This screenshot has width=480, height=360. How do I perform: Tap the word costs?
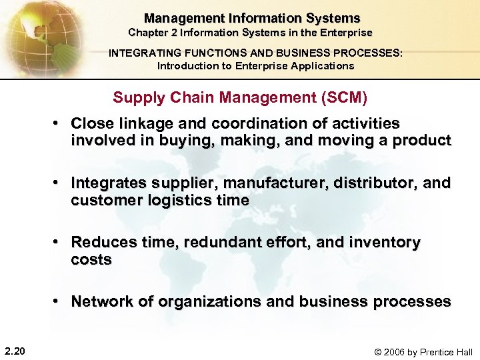tap(91, 260)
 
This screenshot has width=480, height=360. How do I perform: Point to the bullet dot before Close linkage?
tap(59, 124)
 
